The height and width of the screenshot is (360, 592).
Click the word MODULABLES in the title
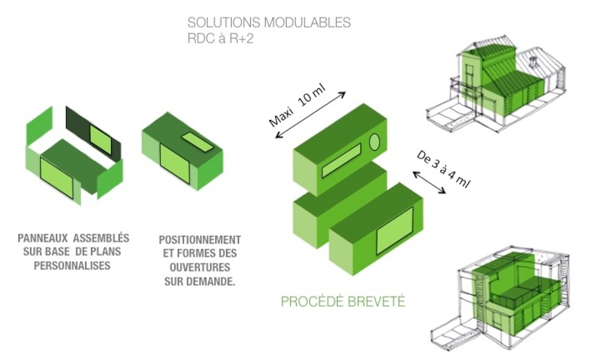coord(307,22)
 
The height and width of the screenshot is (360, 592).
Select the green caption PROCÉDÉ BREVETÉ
coord(343,302)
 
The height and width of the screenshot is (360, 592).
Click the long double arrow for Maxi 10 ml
coord(310,115)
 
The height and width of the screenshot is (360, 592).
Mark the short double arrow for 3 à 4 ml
coord(429,182)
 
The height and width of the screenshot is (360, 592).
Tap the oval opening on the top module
coord(374,142)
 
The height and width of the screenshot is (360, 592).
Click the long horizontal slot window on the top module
coord(341,160)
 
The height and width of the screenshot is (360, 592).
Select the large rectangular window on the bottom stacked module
coord(394,230)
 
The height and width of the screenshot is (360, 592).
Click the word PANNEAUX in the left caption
coord(43,238)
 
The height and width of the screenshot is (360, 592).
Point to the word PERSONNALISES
coord(72,266)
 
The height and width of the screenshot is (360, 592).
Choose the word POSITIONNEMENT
coord(200,240)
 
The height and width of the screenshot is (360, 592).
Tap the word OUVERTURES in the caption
coord(200,267)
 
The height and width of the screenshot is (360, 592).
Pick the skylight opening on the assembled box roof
coord(198,142)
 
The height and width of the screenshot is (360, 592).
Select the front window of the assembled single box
coord(174,164)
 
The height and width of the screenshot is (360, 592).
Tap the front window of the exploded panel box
coord(56,178)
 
